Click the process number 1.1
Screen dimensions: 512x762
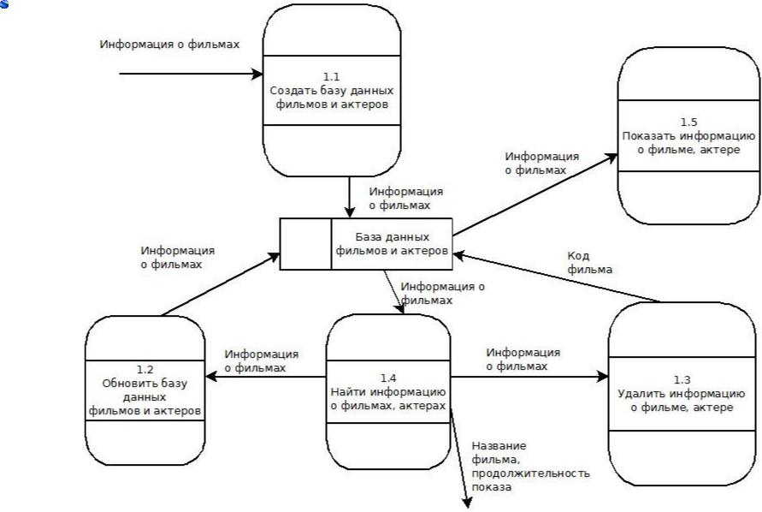pyautogui.click(x=331, y=76)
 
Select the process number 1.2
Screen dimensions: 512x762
pyautogui.click(x=145, y=370)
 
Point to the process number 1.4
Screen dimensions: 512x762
pyautogui.click(x=388, y=378)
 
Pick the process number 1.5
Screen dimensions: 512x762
pyautogui.click(x=688, y=122)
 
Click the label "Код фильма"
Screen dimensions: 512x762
pyautogui.click(x=590, y=262)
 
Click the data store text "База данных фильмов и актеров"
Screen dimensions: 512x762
pyautogui.click(x=392, y=244)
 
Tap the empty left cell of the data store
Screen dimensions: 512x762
pyautogui.click(x=306, y=244)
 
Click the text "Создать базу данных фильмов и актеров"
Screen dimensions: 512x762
pyautogui.click(x=331, y=97)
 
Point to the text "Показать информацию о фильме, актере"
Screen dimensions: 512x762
pyautogui.click(x=688, y=142)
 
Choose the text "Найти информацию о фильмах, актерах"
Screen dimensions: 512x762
pyautogui.click(x=388, y=398)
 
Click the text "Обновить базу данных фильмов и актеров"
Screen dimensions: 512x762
pyautogui.click(x=145, y=397)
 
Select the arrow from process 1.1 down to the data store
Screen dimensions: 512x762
pyautogui.click(x=350, y=197)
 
